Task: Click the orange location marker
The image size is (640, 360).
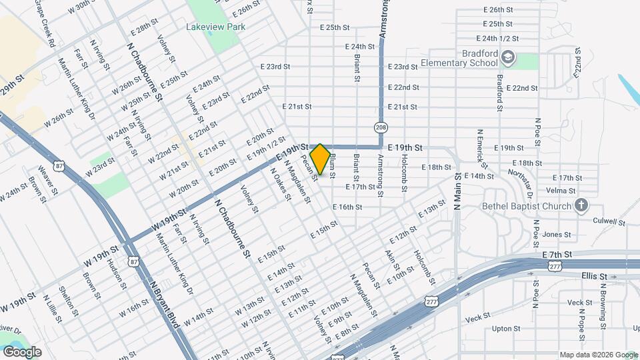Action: [x=321, y=159]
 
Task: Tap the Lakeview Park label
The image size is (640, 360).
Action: [x=215, y=27]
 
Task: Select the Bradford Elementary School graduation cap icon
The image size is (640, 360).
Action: [x=508, y=57]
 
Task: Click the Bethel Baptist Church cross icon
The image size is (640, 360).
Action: [x=581, y=205]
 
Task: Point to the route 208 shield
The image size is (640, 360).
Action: [x=381, y=127]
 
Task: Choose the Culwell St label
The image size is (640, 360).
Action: [x=611, y=222]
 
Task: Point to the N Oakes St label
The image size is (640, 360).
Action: [x=281, y=183]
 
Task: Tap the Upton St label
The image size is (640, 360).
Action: [x=506, y=329]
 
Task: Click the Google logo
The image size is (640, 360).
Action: [x=22, y=352]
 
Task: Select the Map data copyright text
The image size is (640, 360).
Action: [x=598, y=355]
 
